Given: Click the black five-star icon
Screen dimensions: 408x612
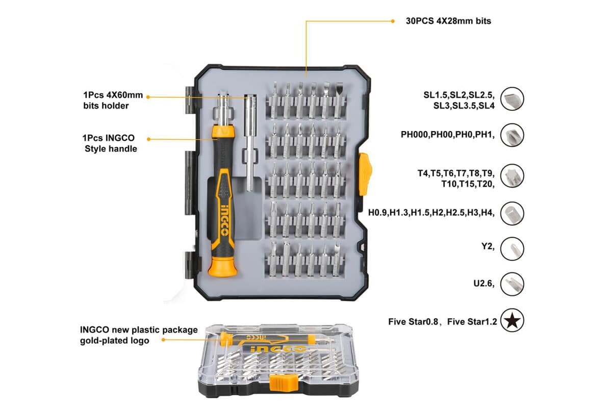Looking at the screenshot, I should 512,321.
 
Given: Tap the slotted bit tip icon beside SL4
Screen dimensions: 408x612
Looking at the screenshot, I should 512,99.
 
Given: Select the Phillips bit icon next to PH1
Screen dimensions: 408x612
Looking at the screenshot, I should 512,135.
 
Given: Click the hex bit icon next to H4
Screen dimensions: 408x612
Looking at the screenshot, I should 512,213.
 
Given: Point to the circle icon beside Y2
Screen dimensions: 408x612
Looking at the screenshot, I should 512,248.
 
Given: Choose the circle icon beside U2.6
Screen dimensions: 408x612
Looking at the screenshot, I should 512,284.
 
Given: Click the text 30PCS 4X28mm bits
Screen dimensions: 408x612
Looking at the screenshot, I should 448,21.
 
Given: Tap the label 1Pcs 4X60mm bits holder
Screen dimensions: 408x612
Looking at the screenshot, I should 113,100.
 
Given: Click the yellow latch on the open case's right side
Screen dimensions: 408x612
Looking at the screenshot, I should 365,173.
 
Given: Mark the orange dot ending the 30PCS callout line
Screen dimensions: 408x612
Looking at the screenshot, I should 392,21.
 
